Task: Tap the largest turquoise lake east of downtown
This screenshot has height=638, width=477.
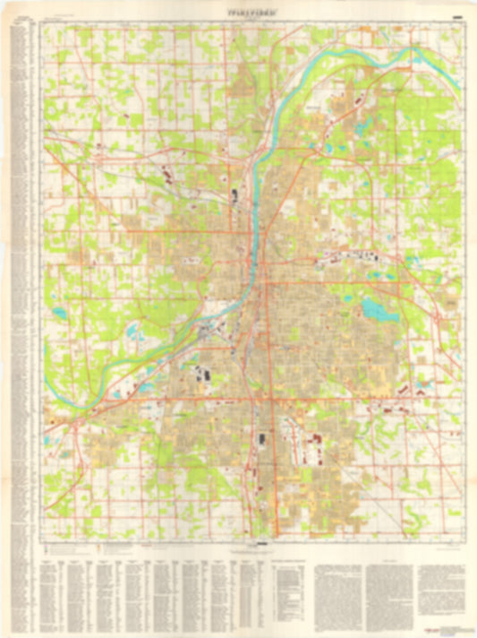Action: point(374,310)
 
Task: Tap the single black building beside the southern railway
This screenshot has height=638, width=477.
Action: point(262,440)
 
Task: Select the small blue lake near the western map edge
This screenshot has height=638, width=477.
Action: point(59,314)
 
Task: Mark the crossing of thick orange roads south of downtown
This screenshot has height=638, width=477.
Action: point(253,397)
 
